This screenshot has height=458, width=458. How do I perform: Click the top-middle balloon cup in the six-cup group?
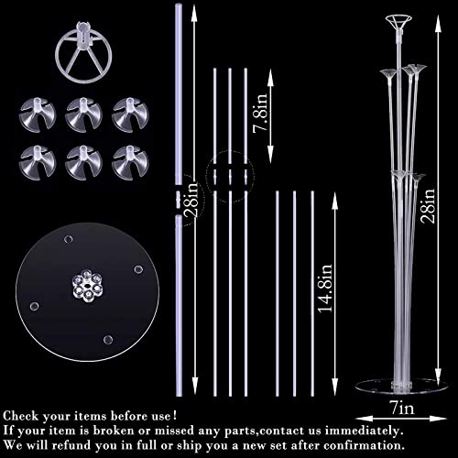point(83,114)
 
